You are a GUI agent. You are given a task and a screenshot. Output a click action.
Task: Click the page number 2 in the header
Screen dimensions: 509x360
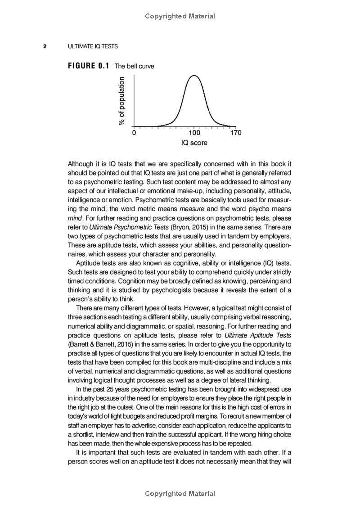(x=45, y=46)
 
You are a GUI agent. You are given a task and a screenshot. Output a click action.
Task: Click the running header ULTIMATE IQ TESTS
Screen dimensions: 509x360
(x=93, y=46)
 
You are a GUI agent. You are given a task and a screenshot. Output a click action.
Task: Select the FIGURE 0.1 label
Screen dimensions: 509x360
(x=89, y=66)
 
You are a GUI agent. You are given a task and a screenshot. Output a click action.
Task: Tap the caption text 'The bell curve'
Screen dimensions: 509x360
(x=134, y=66)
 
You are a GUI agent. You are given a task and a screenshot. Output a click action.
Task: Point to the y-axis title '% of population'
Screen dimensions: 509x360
(x=121, y=101)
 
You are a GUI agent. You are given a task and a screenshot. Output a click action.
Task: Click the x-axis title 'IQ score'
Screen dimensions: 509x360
(x=194, y=143)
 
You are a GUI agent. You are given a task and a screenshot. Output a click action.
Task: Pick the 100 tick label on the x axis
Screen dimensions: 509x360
(x=194, y=133)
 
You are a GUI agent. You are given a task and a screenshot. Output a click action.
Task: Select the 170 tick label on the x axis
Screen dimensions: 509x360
(x=235, y=133)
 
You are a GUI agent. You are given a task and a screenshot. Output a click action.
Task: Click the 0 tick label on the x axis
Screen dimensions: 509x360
(x=134, y=133)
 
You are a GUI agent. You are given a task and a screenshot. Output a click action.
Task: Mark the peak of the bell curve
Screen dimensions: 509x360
(x=194, y=76)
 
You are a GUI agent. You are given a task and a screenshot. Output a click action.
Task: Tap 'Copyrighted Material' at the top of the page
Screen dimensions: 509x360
(x=180, y=16)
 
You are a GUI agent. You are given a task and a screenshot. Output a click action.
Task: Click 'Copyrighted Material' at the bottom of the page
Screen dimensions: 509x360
(x=180, y=494)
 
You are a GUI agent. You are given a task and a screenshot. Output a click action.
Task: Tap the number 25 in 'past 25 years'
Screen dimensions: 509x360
(x=110, y=389)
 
